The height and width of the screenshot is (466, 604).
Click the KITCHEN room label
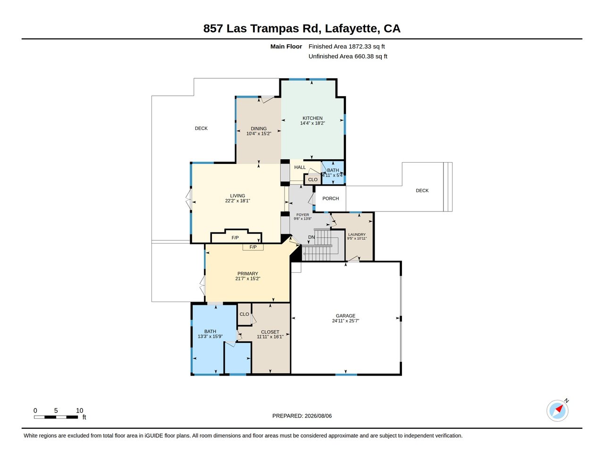[312, 118]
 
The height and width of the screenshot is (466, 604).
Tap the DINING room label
[259, 129]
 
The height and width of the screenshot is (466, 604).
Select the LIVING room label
[237, 196]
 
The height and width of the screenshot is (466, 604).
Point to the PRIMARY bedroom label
[248, 273]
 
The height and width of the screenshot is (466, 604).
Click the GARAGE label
[345, 316]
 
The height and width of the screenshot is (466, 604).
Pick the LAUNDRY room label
[357, 235]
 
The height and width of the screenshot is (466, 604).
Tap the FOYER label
[302, 215]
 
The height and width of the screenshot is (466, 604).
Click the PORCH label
[330, 198]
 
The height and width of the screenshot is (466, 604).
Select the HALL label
[300, 167]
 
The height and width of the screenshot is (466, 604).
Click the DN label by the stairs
[311, 237]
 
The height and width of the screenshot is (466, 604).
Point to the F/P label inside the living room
[235, 237]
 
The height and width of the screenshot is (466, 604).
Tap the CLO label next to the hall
[313, 180]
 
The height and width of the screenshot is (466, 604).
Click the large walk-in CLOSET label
[270, 332]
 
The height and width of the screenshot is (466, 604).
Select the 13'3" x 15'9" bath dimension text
[210, 336]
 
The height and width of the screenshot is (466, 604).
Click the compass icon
[557, 410]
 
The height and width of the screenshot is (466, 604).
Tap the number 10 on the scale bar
[79, 410]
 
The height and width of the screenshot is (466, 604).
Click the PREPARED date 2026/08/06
[318, 416]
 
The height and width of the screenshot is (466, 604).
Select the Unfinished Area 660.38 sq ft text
[348, 57]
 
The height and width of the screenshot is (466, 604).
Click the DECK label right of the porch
[422, 190]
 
